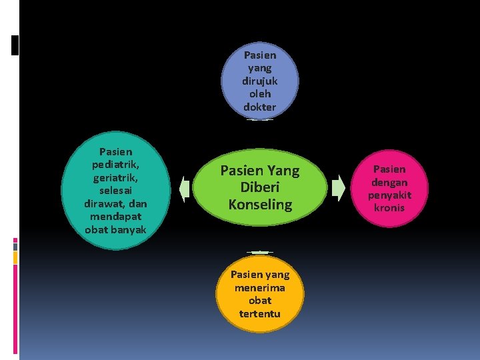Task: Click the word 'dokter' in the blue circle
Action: pos(260,107)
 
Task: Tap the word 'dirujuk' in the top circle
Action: pos(260,81)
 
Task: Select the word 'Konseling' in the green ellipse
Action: pos(260,205)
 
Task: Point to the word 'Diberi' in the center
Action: pos(260,188)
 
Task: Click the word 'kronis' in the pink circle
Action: pos(389,208)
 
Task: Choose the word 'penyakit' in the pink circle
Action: pos(389,195)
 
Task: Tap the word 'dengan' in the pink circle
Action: pos(389,182)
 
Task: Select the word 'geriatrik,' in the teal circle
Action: pos(115,177)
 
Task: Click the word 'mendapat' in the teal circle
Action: pos(115,217)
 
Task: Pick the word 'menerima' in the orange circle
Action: pos(260,287)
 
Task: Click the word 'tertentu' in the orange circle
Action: pos(260,313)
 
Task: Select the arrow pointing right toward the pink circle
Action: pos(339,187)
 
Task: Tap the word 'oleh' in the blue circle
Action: pos(260,94)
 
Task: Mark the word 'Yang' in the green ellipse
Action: pos(283,171)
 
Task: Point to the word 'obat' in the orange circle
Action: pos(260,301)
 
